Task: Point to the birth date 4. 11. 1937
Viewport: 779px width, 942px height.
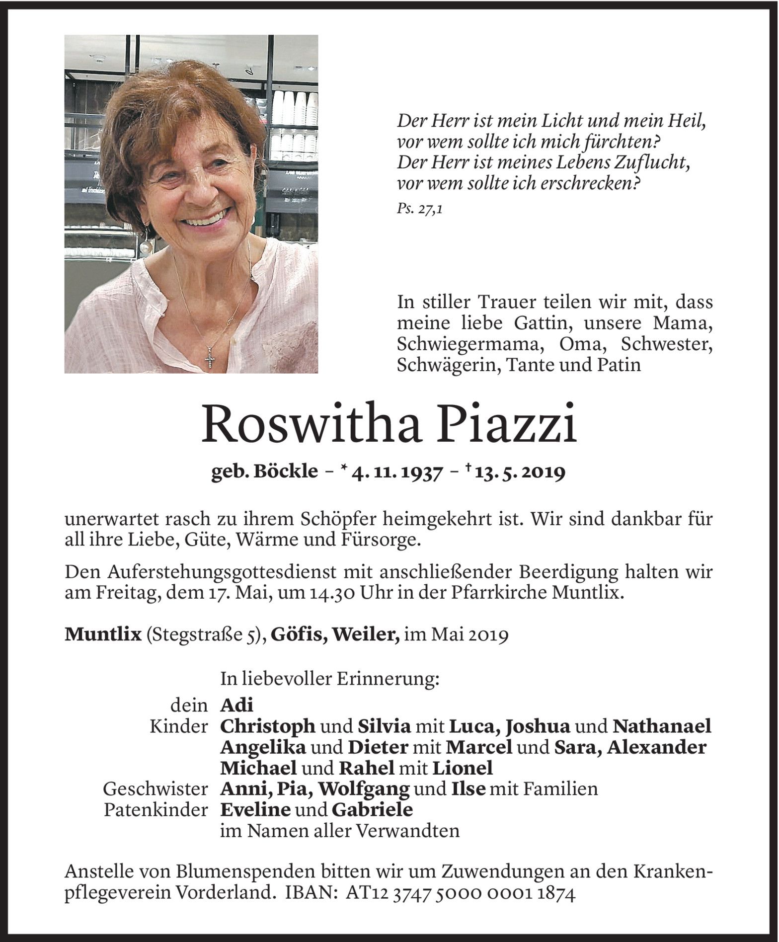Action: [x=396, y=472]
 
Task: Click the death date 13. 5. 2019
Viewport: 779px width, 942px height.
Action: [x=520, y=472]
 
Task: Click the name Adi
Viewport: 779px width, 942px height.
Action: [x=236, y=705]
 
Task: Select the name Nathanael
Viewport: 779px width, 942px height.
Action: [x=662, y=726]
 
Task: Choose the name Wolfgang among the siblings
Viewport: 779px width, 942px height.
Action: [x=364, y=788]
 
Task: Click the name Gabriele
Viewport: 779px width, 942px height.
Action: [x=372, y=809]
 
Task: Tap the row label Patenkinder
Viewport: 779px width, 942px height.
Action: [x=156, y=810]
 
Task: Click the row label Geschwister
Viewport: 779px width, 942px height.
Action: [x=156, y=789]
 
